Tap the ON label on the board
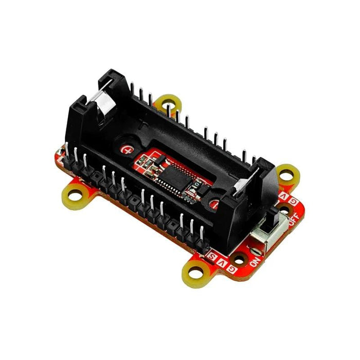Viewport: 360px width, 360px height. coord(254,260)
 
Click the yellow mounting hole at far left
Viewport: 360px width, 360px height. coord(76,195)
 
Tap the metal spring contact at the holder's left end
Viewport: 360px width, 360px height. coord(102,103)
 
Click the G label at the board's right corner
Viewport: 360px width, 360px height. coord(293,201)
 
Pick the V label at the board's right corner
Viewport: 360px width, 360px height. coord(284,196)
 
